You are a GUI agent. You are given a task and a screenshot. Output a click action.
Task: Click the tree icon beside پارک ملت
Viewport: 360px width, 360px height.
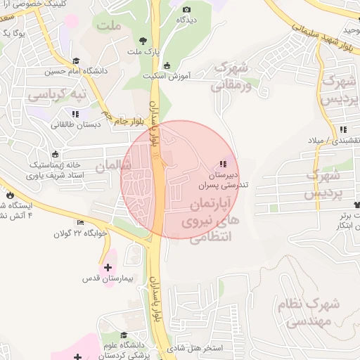click(x=143, y=41)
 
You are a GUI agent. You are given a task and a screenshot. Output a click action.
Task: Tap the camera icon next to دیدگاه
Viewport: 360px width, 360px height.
click(x=186, y=9)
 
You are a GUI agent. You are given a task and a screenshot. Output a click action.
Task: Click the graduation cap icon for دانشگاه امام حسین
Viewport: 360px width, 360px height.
click(x=76, y=60)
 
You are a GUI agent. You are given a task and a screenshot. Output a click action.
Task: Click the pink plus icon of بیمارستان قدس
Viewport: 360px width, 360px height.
click(x=108, y=267)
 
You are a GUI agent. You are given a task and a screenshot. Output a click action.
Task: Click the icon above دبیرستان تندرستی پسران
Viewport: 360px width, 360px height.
click(x=224, y=164)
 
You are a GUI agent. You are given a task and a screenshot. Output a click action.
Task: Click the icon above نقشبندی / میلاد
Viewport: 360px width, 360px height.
click(x=343, y=129)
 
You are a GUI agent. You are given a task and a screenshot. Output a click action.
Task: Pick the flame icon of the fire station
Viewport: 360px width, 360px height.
click(x=10, y=195)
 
